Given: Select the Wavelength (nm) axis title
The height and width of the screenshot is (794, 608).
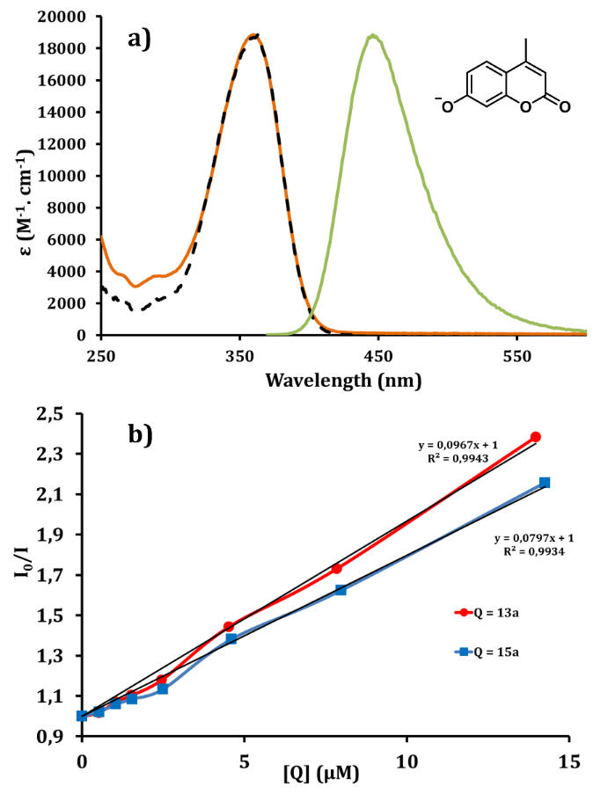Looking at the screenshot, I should point(343,381).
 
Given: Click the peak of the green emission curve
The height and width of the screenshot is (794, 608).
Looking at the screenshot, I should point(374,35).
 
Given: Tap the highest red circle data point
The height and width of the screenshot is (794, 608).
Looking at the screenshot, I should point(535,437).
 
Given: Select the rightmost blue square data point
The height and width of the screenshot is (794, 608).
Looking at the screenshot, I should point(545,483).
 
